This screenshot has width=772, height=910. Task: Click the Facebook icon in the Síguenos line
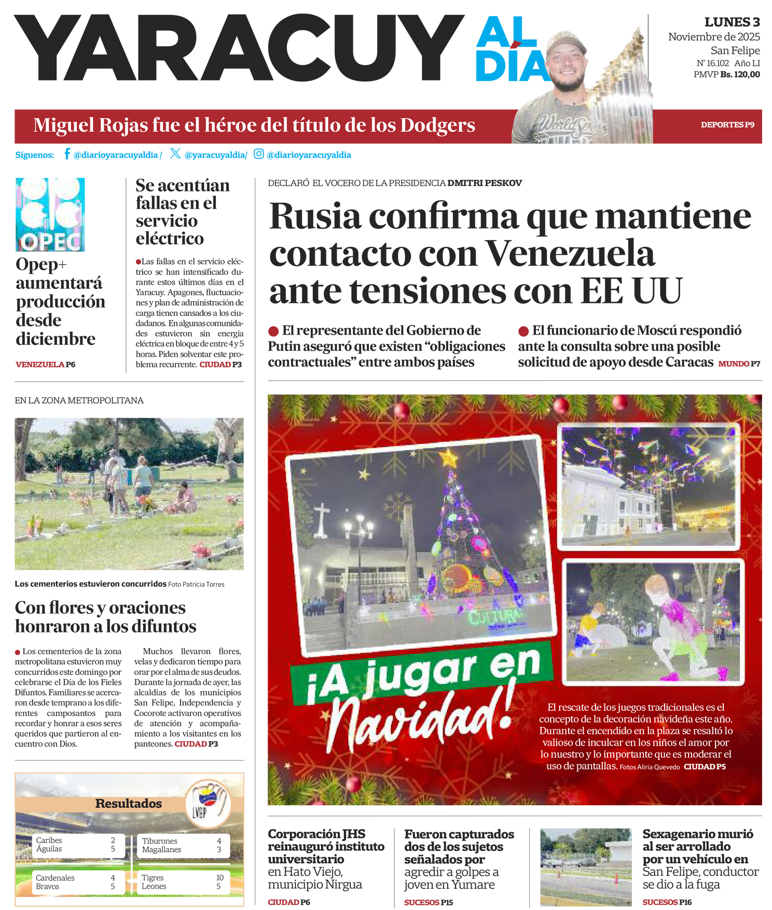(67, 154)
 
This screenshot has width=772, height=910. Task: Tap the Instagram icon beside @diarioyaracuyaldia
(258, 154)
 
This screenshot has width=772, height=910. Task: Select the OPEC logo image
(50, 214)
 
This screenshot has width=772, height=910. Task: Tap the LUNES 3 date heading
(732, 22)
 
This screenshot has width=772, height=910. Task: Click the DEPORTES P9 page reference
(727, 125)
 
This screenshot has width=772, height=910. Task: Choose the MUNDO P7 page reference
(739, 364)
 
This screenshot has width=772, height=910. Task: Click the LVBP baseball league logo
(208, 803)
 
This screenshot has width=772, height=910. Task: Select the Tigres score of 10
(220, 877)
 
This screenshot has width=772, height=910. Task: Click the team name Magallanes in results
(161, 849)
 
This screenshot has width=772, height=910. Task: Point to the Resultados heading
(128, 803)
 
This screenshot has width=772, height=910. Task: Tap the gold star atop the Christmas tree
(448, 459)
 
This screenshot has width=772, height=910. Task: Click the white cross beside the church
(322, 519)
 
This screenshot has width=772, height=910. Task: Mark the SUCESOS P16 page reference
(667, 902)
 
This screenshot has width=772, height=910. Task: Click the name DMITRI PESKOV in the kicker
(485, 183)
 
